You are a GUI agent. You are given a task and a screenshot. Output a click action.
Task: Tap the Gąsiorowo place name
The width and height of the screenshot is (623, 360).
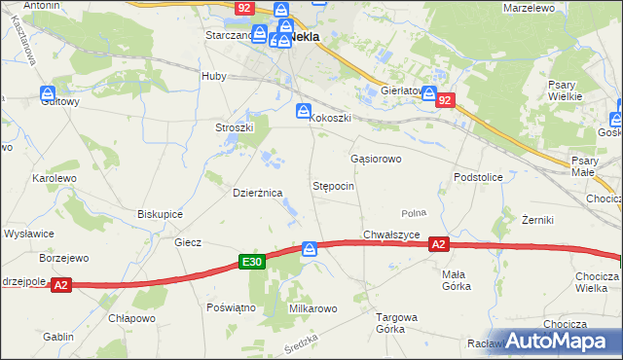point(375,157)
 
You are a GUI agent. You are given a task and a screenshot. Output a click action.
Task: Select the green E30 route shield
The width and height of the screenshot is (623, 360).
point(251,262)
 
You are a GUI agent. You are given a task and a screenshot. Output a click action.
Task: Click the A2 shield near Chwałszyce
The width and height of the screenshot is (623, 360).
point(438,245)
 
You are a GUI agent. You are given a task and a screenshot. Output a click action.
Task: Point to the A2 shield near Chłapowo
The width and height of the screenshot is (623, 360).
point(60,285)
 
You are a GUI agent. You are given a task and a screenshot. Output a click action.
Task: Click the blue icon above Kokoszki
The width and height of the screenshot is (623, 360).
point(304,112)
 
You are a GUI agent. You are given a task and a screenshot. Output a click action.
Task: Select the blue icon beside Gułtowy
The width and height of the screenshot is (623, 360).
point(49,93)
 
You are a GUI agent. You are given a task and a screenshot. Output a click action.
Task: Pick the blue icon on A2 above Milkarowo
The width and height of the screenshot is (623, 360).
point(310,249)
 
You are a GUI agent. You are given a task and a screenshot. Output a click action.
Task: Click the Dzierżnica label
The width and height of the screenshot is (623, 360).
point(257,193)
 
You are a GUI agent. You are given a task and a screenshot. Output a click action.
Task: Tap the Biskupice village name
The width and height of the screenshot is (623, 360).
point(162,213)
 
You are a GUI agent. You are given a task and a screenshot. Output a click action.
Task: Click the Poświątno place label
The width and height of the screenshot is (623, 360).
point(231,306)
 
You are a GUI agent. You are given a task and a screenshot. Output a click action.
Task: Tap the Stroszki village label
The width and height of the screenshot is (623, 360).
point(234,127)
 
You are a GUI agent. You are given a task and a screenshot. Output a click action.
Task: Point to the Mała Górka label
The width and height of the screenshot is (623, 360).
point(454,280)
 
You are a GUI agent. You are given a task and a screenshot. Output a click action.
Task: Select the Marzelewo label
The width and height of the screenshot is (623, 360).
point(529,8)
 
